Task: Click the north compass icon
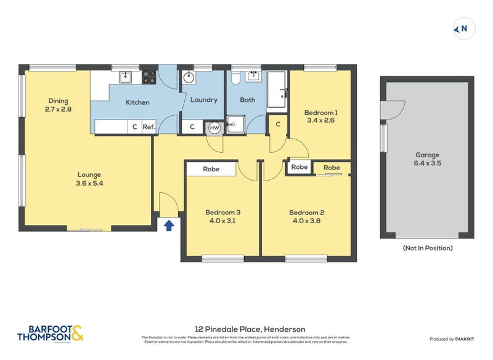pos(462,28)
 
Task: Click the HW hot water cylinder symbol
pos(214,127)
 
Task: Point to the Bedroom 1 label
pos(320,113)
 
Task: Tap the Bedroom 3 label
pos(222,213)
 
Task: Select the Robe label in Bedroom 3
pos(211,169)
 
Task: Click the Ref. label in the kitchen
pos(149,127)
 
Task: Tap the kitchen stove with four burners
pos(149,77)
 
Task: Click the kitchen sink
pos(126,76)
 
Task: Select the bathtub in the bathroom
pos(277,91)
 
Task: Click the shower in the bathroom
pos(235,125)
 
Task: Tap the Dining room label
pos(58,101)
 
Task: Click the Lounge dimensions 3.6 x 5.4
pos(89,183)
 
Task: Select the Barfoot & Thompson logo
pos(51,333)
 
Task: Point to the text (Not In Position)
pos(427,248)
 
